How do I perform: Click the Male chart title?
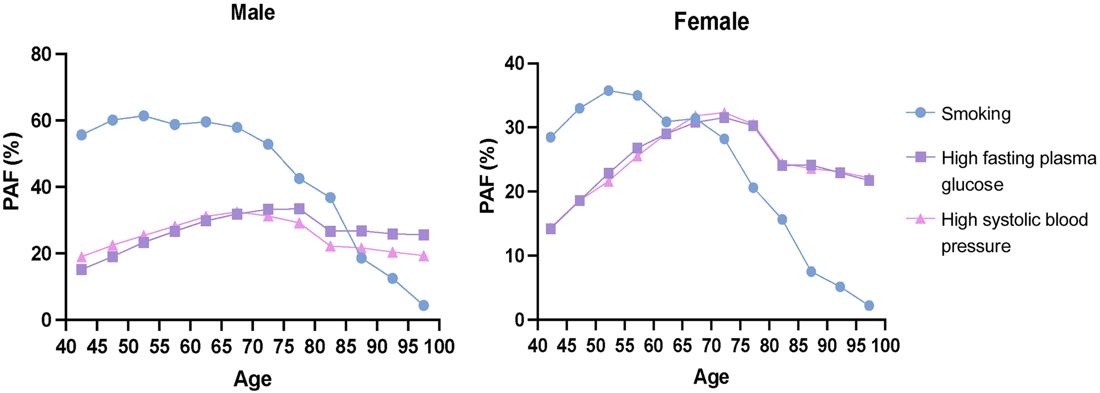tap(252, 12)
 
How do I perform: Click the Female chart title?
tap(711, 22)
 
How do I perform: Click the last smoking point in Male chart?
tap(423, 305)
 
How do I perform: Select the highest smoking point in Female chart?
tap(608, 90)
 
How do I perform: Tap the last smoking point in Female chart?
tap(869, 305)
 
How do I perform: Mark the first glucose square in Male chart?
tap(81, 270)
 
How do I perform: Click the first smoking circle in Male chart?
tap(81, 135)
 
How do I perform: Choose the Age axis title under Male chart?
tap(253, 379)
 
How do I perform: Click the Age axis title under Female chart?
tap(711, 377)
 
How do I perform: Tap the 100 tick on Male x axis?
tap(439, 346)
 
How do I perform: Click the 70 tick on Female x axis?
tap(711, 345)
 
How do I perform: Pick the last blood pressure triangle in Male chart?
tap(423, 256)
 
